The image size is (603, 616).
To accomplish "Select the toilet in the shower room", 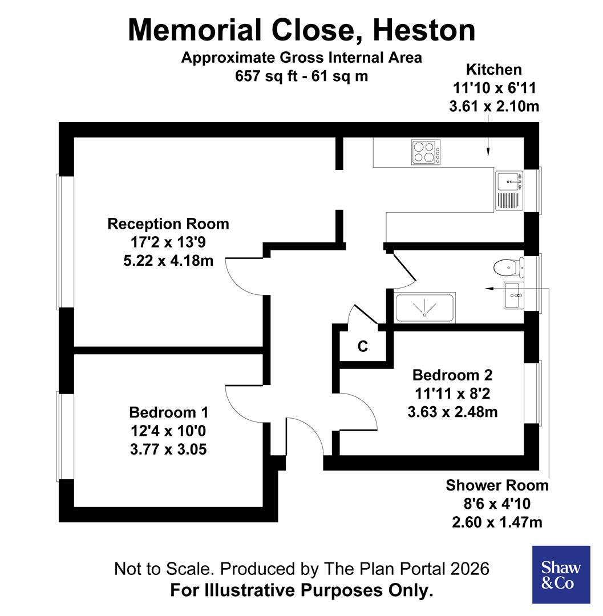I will coord(505,266).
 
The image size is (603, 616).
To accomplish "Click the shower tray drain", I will coord(424,313).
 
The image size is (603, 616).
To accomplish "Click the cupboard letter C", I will coord(362,346).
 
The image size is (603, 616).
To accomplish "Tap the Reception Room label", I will coord(168,224).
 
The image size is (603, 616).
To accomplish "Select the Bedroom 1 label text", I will coord(168,412).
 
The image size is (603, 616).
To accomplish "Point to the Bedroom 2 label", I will coord(452,375).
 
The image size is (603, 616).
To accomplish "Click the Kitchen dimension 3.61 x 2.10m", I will coord(494,106).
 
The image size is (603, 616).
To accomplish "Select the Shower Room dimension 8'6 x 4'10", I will coord(496,504).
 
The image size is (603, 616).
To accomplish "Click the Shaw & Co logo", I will coord(561,574).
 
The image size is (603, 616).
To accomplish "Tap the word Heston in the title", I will coord(423,30).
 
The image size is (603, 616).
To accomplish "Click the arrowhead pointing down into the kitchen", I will coord(488,152).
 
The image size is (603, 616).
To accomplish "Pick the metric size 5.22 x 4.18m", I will coord(168,261).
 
